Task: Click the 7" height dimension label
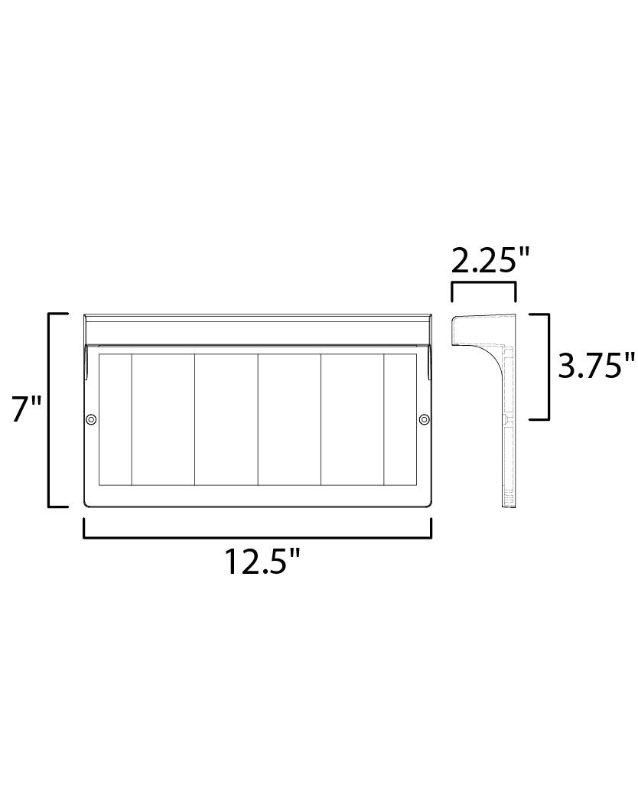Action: click(x=26, y=410)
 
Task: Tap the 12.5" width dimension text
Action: click(x=261, y=562)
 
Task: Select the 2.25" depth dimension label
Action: click(x=490, y=262)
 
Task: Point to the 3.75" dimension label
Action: click(x=596, y=366)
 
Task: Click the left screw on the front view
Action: click(x=91, y=419)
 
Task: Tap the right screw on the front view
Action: click(x=424, y=419)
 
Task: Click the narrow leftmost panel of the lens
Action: click(x=116, y=419)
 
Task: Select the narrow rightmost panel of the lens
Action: click(x=400, y=419)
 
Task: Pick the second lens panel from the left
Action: click(x=163, y=419)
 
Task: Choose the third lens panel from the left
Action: click(x=226, y=419)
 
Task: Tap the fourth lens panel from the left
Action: click(x=289, y=419)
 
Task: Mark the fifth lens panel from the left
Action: click(x=352, y=419)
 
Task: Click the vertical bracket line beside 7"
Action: click(x=50, y=410)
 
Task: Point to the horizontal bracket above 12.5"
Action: click(x=258, y=537)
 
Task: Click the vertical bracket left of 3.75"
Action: click(x=548, y=366)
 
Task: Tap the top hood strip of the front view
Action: click(x=258, y=330)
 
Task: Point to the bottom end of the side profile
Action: click(x=509, y=500)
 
